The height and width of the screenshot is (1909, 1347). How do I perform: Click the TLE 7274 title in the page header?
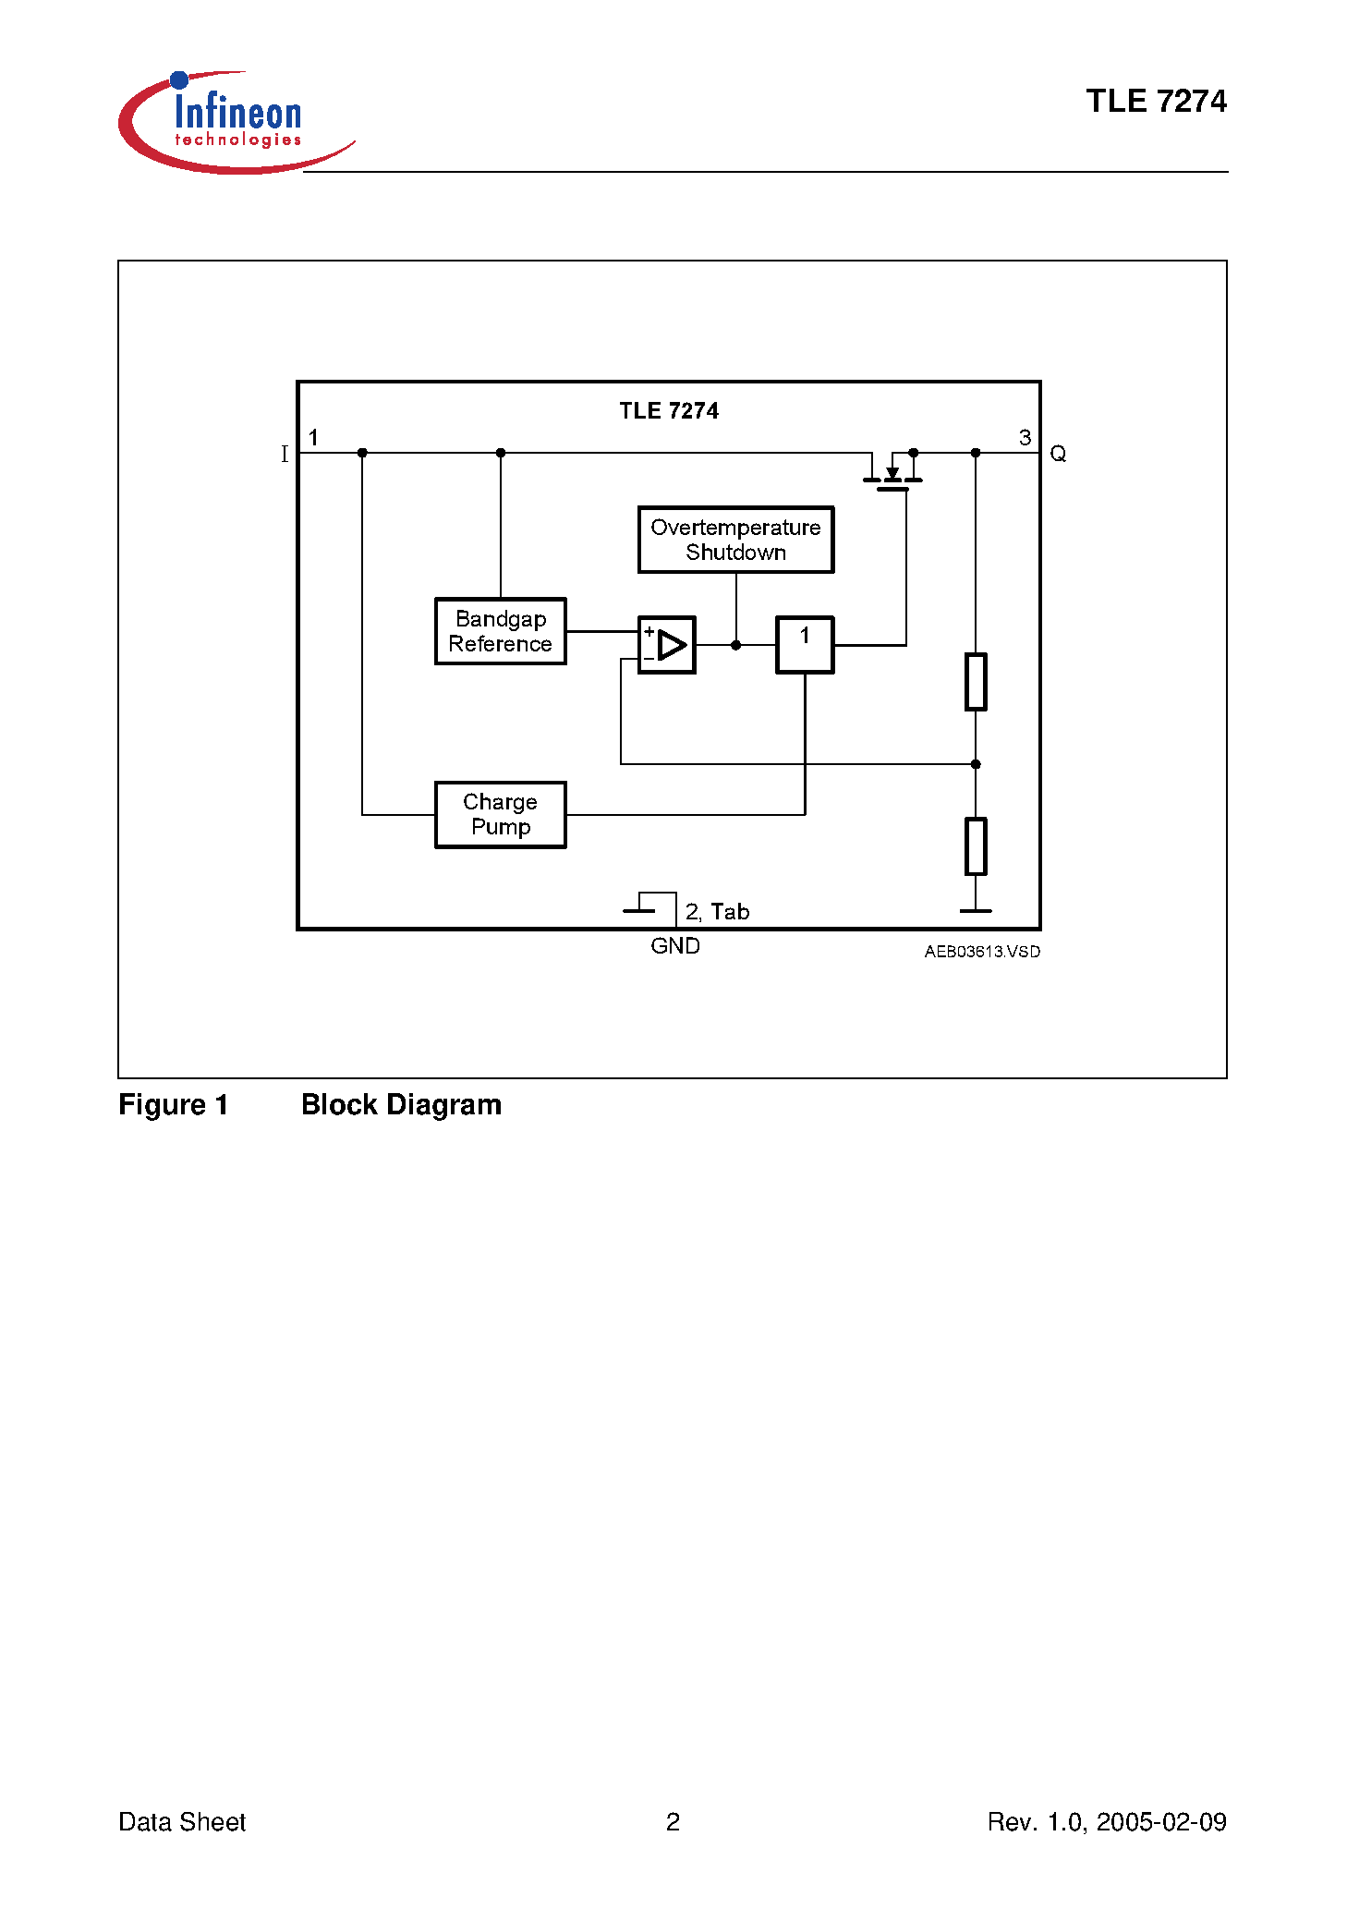coord(1155,102)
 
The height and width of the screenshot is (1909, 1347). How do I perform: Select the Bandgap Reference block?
coord(500,631)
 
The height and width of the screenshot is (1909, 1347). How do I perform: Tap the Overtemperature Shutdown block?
coord(735,540)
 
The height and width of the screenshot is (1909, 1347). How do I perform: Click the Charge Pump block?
coord(500,814)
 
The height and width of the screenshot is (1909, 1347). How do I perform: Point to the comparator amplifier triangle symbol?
coord(671,645)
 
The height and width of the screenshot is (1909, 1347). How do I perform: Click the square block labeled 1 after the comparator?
coord(804,645)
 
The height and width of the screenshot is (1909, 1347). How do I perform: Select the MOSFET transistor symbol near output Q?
coord(892,473)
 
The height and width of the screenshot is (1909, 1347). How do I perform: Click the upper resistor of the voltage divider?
coord(976,682)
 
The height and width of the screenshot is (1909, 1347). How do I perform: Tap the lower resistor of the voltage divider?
coord(976,845)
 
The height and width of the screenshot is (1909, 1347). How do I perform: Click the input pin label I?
coord(285,454)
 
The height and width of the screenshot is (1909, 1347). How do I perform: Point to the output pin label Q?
coord(1058,454)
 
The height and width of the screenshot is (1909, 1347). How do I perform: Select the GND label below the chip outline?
coord(674,946)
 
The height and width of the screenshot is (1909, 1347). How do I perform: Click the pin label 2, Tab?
coord(717,912)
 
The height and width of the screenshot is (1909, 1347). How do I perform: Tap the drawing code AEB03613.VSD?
coord(981,952)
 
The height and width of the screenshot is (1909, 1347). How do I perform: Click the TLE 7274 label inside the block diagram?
coord(668,411)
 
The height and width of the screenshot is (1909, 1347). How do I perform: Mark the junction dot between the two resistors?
coord(976,764)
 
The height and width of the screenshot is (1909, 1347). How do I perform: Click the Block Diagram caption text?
coord(401,1105)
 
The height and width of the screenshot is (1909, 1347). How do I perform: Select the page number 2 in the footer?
coord(673,1821)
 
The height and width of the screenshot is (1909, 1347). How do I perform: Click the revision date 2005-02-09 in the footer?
coord(1161,1821)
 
